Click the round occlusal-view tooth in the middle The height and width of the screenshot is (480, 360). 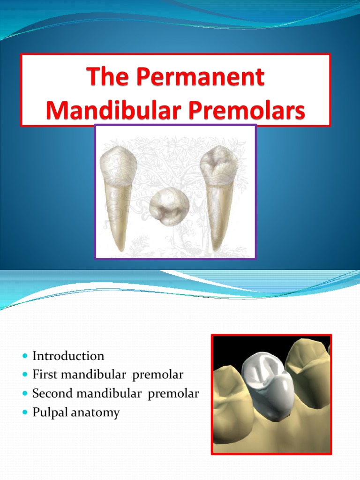[169, 207]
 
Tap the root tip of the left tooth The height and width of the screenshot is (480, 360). [122, 250]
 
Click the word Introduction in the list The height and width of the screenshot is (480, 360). [68, 356]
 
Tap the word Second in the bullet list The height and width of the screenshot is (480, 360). [52, 393]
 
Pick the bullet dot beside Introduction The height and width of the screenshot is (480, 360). [25, 356]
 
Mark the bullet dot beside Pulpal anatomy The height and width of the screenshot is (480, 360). [25, 412]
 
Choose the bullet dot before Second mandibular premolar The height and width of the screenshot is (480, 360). [25, 393]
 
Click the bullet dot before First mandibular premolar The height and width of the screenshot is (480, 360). [25, 375]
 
